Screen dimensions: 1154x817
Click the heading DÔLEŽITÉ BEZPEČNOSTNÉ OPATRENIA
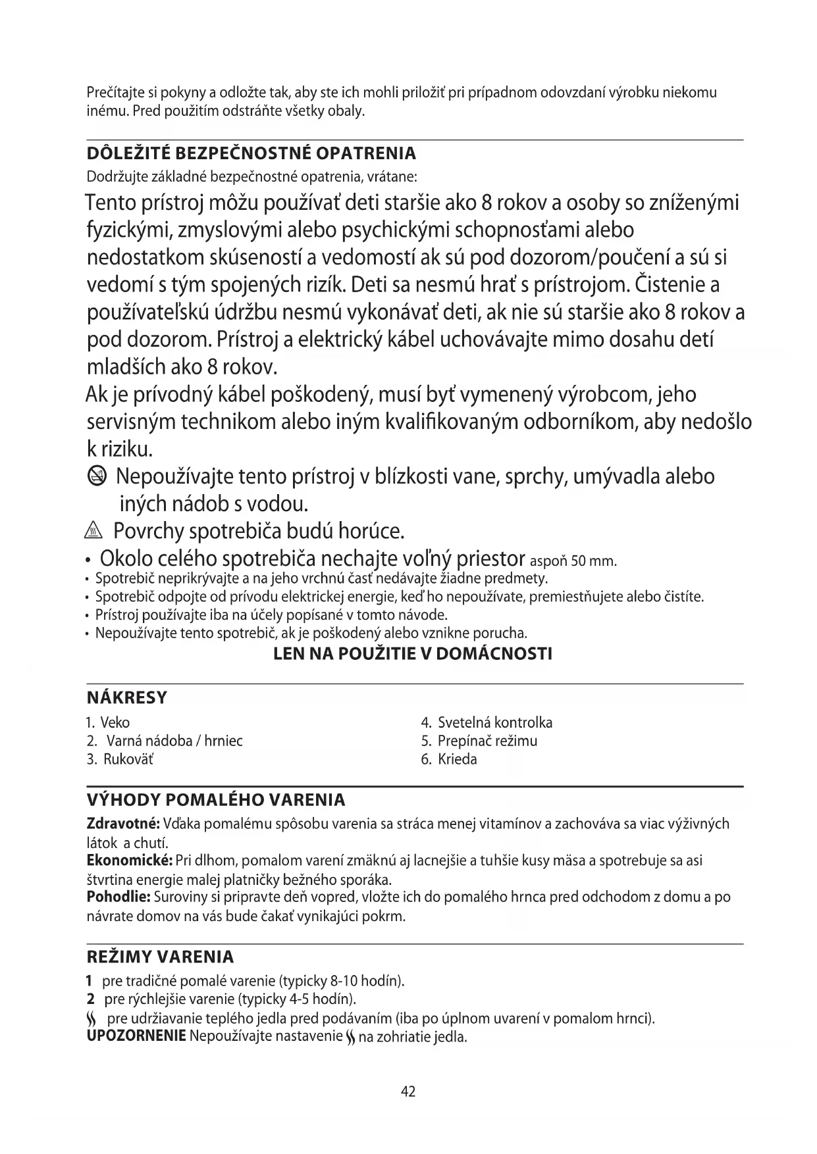(251, 154)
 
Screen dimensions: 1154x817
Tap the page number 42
(408, 1091)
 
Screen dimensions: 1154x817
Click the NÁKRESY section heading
(127, 697)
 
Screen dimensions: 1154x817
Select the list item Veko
(115, 722)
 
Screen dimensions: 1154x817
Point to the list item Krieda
(458, 759)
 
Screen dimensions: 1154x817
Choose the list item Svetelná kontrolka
(495, 722)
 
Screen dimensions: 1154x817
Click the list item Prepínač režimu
(487, 741)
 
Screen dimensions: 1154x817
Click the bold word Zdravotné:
(123, 824)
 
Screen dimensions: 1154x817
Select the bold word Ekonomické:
(130, 861)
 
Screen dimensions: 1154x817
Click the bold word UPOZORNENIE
(136, 1037)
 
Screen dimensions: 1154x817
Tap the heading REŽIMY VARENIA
(160, 957)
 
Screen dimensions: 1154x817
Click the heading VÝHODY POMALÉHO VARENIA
(216, 800)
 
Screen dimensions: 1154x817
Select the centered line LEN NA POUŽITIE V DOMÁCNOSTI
(412, 654)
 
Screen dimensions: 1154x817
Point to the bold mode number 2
(91, 999)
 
